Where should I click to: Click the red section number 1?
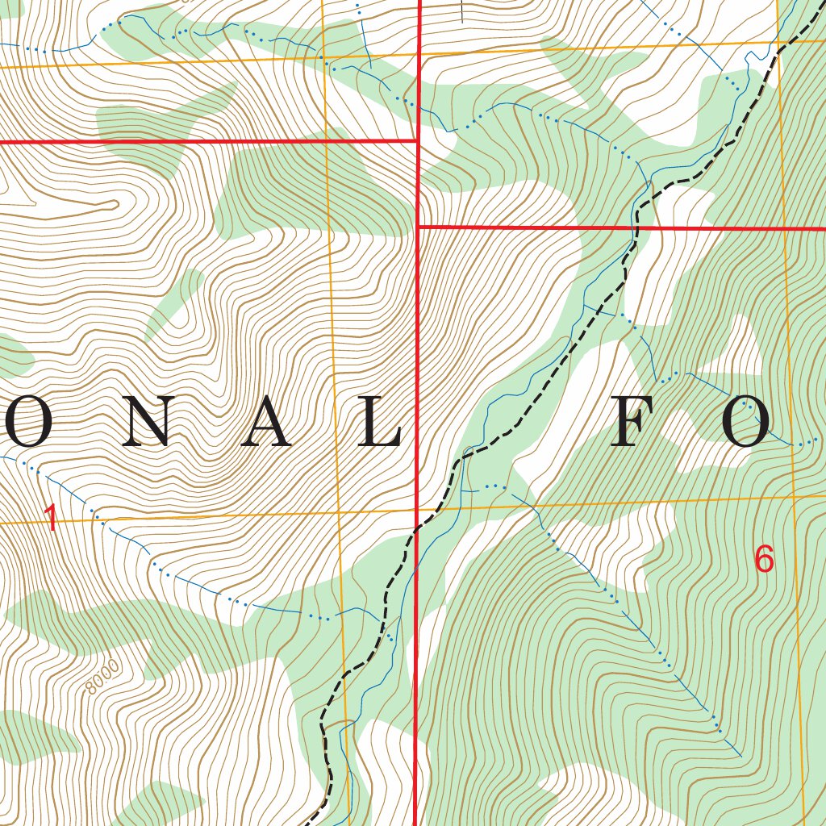[x=51, y=518]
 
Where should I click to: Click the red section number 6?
[x=764, y=558]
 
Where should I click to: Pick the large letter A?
[x=269, y=423]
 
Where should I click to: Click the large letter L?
[x=377, y=423]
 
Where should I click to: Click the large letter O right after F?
[x=746, y=423]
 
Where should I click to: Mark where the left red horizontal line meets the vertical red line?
[x=417, y=141]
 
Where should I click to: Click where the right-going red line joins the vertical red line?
[x=418, y=227]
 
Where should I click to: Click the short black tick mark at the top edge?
[x=461, y=11]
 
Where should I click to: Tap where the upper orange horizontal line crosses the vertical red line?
[x=420, y=54]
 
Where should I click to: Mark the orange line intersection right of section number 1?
[x=338, y=511]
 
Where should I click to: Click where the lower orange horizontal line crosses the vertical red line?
[x=416, y=509]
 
